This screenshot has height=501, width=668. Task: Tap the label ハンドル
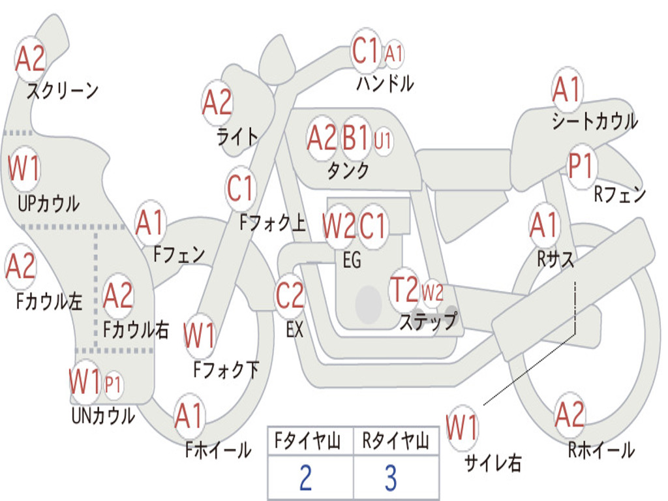pyautogui.click(x=385, y=84)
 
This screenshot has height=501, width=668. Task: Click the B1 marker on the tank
pyautogui.click(x=356, y=138)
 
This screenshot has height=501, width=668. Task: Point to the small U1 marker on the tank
pyautogui.click(x=383, y=140)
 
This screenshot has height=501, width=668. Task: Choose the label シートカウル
pyautogui.click(x=594, y=121)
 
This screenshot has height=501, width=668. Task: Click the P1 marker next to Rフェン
pyautogui.click(x=580, y=166)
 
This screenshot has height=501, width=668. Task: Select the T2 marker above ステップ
pyautogui.click(x=404, y=290)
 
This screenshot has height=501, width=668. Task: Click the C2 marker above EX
pyautogui.click(x=290, y=296)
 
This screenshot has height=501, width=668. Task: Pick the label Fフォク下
pyautogui.click(x=226, y=370)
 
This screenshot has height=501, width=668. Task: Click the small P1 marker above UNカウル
pyautogui.click(x=113, y=385)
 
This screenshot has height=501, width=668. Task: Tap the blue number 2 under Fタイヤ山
pyautogui.click(x=305, y=478)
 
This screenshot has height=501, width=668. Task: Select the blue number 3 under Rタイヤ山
pyautogui.click(x=390, y=478)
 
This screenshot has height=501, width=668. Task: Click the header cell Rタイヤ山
pyautogui.click(x=395, y=442)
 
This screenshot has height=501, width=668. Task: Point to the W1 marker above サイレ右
pyautogui.click(x=462, y=429)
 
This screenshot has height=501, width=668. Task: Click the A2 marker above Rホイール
pyautogui.click(x=569, y=414)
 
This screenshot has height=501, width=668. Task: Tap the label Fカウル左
pyautogui.click(x=50, y=302)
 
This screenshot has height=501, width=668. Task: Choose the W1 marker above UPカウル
pyautogui.click(x=24, y=169)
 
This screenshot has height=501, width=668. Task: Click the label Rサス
pyautogui.click(x=556, y=259)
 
